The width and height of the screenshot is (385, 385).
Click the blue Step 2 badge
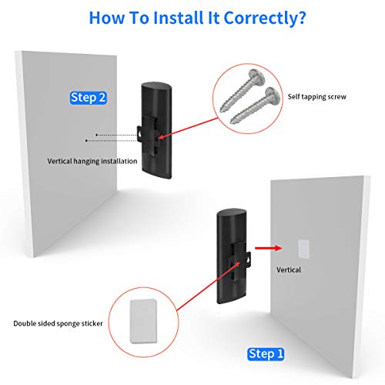click(x=89, y=98)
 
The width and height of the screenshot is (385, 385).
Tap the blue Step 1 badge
click(x=266, y=354)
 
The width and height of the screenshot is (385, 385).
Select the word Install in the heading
click(x=179, y=18)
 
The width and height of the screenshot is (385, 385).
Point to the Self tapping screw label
click(x=317, y=97)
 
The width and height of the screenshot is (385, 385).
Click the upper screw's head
click(x=257, y=75)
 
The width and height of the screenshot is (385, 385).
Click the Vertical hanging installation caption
click(x=92, y=161)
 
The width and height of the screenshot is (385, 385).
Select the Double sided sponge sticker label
click(x=58, y=323)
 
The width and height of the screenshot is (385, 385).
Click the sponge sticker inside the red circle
click(x=143, y=321)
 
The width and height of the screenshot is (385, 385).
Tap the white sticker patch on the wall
click(x=303, y=249)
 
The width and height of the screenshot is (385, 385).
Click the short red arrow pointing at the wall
click(x=269, y=248)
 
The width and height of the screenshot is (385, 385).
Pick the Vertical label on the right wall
click(x=289, y=269)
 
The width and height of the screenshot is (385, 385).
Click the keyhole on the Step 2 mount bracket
click(x=139, y=135)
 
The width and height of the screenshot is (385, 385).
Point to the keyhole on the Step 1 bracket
click(x=248, y=259)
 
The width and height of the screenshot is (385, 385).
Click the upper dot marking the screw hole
click(x=96, y=135)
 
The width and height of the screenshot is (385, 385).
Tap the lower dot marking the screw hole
click(x=86, y=141)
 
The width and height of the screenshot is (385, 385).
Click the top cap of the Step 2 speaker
click(x=156, y=86)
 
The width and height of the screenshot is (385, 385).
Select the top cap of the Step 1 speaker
click(x=232, y=213)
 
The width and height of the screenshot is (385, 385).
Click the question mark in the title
click(x=301, y=18)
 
